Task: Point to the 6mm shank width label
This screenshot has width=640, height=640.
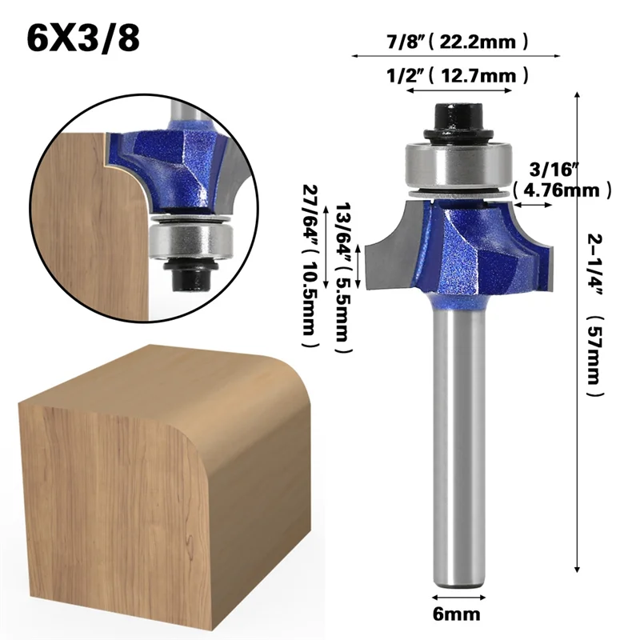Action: click(458, 615)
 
